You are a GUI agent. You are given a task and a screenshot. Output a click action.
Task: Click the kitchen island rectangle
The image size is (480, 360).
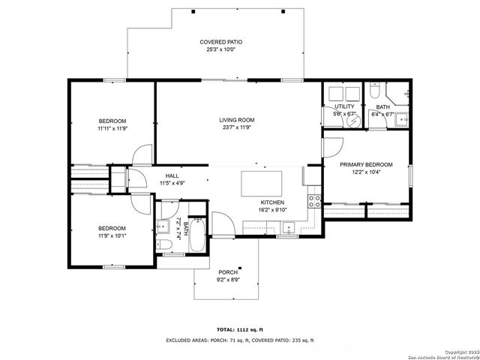point(261,183)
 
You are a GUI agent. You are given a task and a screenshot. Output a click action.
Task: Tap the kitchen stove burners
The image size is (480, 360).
point(316,201)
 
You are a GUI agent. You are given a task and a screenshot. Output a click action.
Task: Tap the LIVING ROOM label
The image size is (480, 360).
point(237,120)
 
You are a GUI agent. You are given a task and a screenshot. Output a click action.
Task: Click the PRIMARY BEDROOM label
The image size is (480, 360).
point(366,164)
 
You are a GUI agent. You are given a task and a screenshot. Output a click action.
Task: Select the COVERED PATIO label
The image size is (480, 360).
point(220,42)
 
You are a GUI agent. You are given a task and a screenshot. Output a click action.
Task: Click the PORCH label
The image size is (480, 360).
point(227,272)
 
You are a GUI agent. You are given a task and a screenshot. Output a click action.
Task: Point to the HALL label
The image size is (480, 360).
point(172,175)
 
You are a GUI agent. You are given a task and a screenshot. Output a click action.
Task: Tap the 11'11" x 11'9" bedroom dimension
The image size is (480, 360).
point(112,128)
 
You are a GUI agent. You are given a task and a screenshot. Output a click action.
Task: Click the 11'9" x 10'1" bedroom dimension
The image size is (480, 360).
point(112,235)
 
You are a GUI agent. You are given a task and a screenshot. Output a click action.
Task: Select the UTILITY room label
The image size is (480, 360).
point(344,106)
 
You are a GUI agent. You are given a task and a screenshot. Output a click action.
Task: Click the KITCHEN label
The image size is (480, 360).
point(271,202)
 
